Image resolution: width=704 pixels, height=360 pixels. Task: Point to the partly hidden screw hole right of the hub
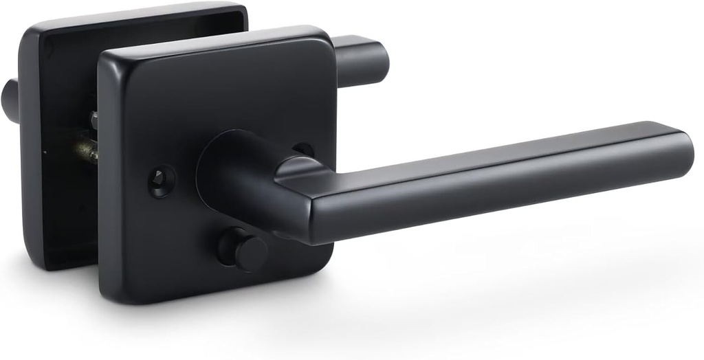pyautogui.click(x=303, y=149)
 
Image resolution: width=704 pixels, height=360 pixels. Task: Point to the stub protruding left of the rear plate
pyautogui.click(x=10, y=100)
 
